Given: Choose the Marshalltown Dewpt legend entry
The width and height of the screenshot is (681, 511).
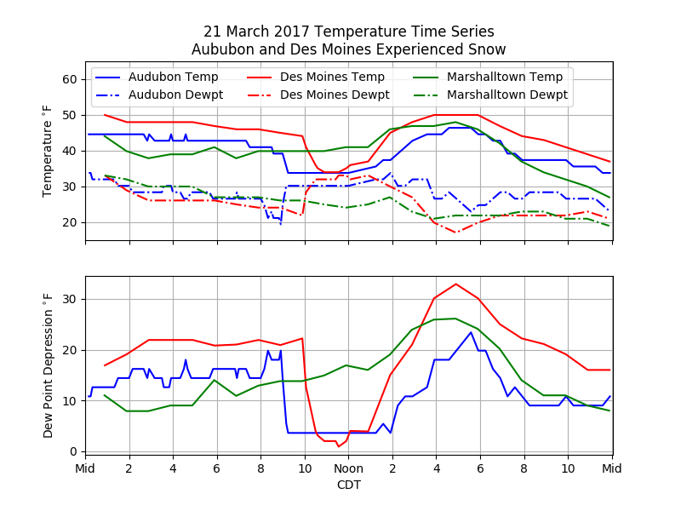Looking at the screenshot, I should click(x=506, y=95).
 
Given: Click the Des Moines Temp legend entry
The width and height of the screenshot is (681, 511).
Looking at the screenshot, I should click(x=332, y=77).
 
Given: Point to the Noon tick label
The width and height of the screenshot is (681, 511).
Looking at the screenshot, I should click(x=348, y=468).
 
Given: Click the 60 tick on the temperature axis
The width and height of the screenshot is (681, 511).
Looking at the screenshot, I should click(x=70, y=79).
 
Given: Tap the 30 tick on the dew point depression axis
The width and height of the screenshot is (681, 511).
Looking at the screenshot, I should click(x=70, y=300).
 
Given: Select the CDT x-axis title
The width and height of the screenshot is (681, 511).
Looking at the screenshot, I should click(x=348, y=485).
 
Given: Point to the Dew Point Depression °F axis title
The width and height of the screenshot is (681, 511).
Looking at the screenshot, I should click(x=49, y=365).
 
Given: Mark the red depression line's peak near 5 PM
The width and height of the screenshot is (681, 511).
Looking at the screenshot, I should click(x=455, y=284).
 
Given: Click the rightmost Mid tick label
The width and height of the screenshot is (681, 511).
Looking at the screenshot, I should click(x=611, y=468).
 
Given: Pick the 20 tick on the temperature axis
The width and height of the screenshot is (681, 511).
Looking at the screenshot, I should click(x=70, y=222).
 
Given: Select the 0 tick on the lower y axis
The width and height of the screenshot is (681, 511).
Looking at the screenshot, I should click(x=73, y=451).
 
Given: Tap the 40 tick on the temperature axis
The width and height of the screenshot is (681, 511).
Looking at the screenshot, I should click(x=70, y=151).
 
